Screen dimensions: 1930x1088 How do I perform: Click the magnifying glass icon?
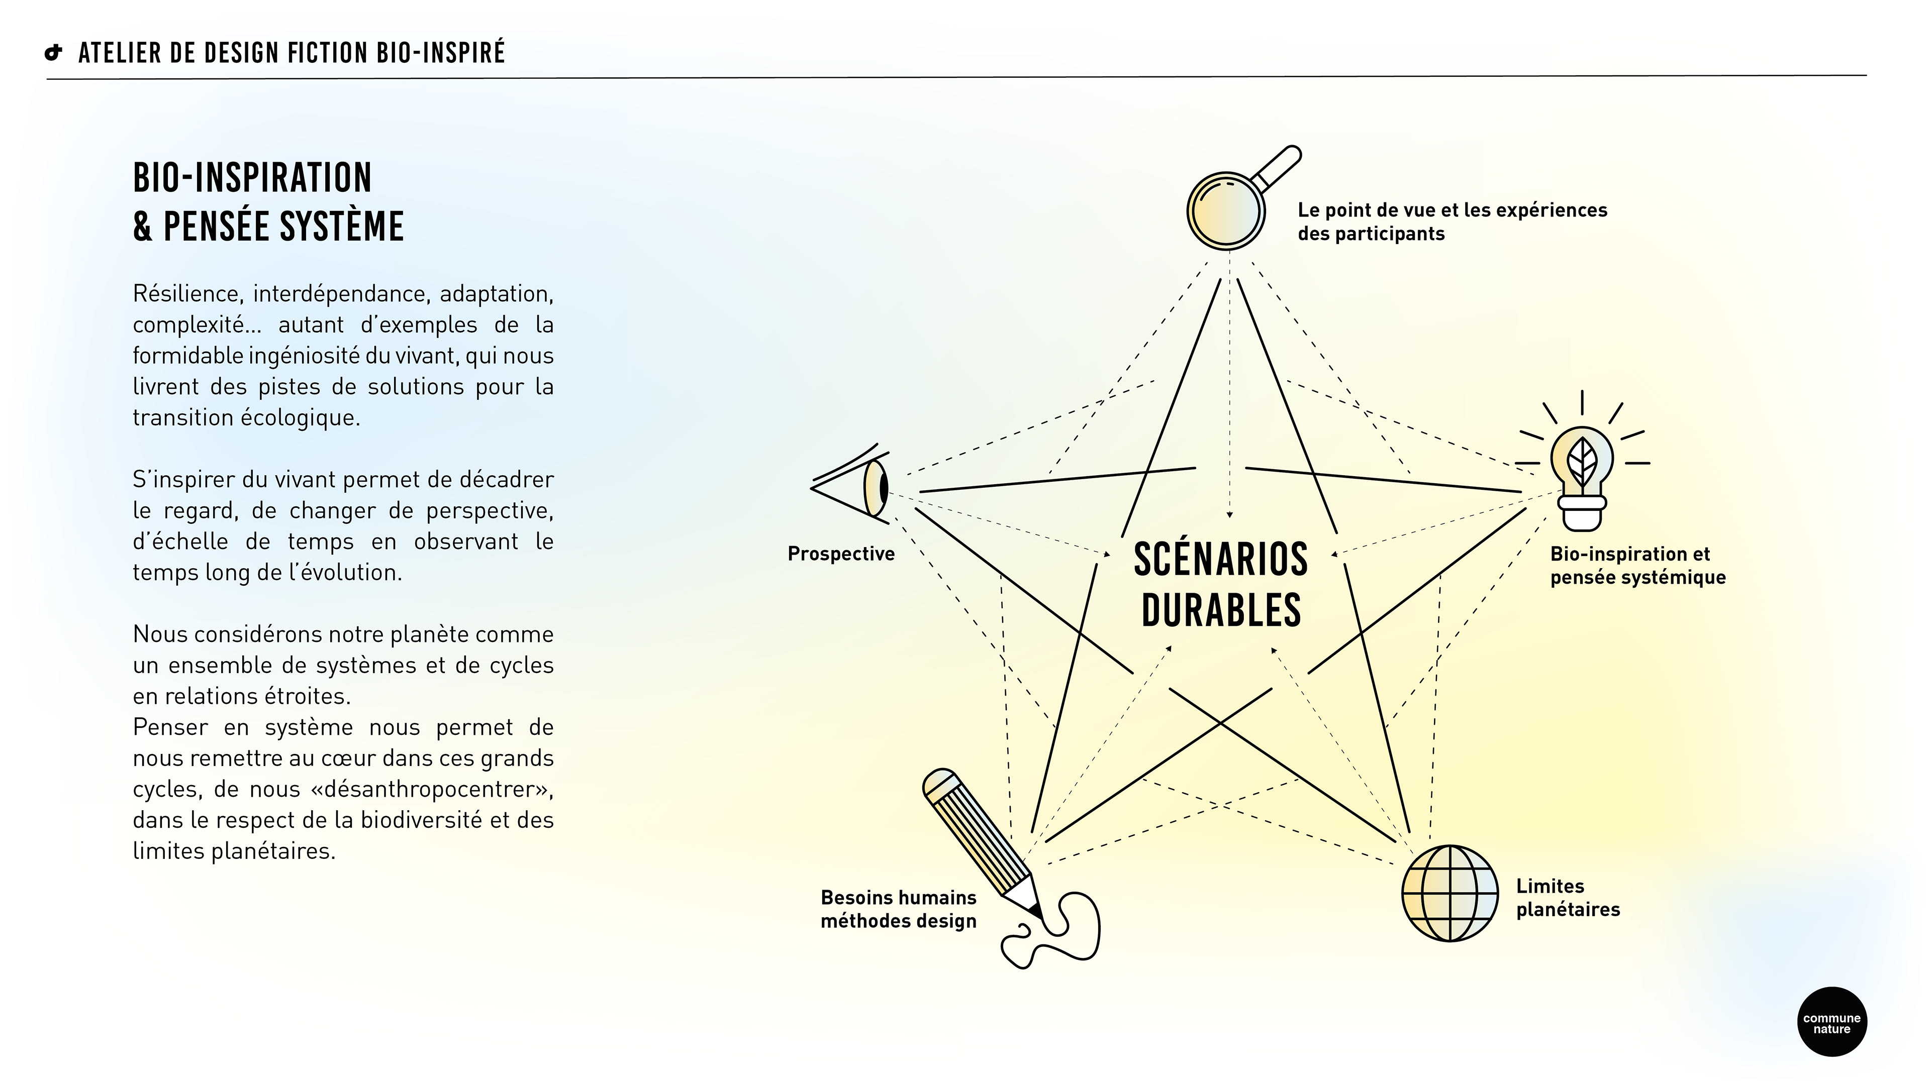coord(1226,209)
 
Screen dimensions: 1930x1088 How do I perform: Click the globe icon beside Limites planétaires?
coord(1449,893)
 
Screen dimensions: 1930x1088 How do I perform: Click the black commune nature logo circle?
coord(1831,1022)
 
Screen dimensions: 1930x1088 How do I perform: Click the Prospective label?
coord(841,554)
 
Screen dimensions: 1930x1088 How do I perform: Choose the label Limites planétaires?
coord(1568,898)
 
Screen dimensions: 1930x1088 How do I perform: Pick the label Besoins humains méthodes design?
coord(898,909)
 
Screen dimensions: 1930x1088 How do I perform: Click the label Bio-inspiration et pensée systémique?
coord(1637,565)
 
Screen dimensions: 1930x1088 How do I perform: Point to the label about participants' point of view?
coord(1452,222)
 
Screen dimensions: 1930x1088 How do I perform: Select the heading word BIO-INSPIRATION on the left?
coord(252,178)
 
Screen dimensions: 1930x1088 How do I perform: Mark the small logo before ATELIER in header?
coord(53,53)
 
